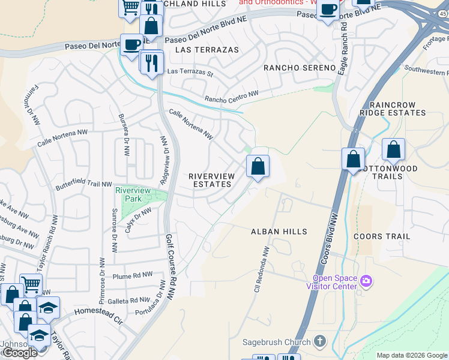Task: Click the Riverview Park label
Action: (x=132, y=194)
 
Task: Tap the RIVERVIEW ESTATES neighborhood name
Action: (x=210, y=180)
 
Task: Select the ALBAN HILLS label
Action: (x=279, y=232)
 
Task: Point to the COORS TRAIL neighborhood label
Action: (x=382, y=236)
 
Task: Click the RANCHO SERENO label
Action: (x=298, y=68)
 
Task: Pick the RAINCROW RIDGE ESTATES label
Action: (x=393, y=107)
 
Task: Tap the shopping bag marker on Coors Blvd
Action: (x=354, y=160)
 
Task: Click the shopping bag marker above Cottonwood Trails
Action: (x=393, y=150)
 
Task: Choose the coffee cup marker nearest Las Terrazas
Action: (x=131, y=45)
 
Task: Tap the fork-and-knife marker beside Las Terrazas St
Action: (x=151, y=62)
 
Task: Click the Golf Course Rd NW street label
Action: (x=170, y=267)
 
